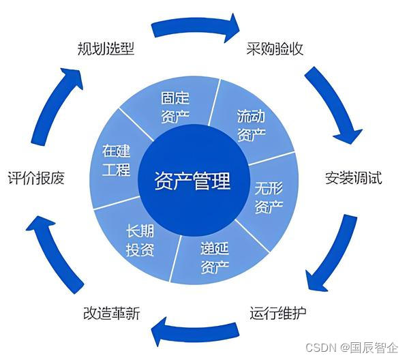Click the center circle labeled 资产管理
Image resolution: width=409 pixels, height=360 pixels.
click(194, 182)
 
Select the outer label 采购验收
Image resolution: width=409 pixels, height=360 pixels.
click(274, 49)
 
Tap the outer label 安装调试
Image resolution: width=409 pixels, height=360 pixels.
click(353, 179)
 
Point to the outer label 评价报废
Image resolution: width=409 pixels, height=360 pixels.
click(35, 179)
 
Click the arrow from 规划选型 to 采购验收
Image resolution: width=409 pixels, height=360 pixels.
click(196, 27)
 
